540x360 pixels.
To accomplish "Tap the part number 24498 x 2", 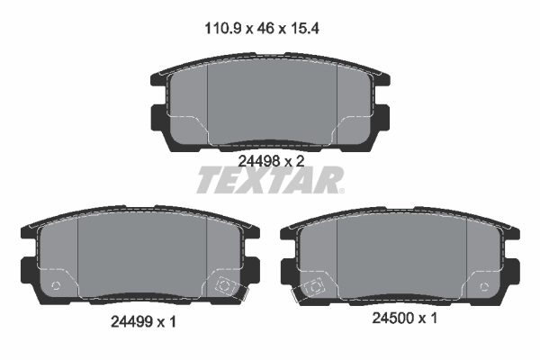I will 272,160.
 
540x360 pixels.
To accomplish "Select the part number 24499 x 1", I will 143,320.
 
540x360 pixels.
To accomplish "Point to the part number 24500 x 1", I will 404,318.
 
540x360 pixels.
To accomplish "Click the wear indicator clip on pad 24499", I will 225,286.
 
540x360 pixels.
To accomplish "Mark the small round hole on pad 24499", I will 57,287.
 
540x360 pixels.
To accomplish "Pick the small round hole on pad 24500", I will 486,288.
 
